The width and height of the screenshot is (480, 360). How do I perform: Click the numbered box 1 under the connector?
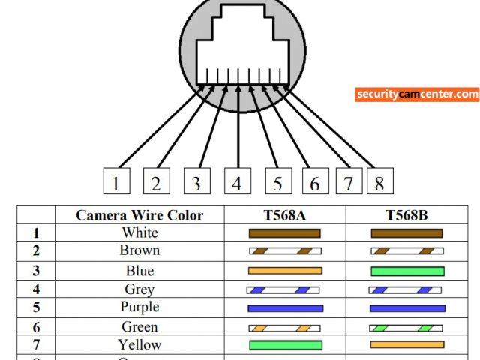(115, 182)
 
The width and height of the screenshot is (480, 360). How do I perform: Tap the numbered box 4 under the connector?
(236, 182)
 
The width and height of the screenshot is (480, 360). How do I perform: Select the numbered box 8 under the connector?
(379, 182)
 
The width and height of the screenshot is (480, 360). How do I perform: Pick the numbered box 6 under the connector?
(315, 182)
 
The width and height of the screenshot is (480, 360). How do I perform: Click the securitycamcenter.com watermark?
(417, 94)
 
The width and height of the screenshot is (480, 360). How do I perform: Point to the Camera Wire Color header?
(139, 215)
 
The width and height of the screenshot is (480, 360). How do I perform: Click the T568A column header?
(284, 215)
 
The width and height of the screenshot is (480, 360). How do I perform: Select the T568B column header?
(406, 215)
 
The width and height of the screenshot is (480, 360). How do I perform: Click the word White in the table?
(139, 232)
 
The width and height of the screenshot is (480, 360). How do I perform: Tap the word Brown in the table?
(139, 250)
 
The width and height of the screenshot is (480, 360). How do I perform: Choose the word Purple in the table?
(139, 307)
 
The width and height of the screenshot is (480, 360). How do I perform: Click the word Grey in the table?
(139, 289)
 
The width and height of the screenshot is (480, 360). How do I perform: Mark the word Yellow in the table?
(139, 345)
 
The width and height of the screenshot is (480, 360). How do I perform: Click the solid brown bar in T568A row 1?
(284, 233)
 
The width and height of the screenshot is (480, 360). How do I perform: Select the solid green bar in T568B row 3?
(407, 270)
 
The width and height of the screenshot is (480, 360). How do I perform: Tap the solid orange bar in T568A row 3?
(284, 270)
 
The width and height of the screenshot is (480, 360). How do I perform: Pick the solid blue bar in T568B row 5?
(407, 307)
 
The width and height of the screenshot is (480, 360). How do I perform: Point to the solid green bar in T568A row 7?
(284, 345)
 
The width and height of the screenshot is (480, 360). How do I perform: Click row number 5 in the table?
(35, 307)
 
